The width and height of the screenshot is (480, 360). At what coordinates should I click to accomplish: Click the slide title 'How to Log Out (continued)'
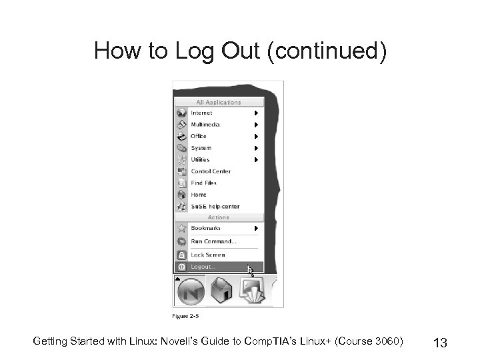coord(240,51)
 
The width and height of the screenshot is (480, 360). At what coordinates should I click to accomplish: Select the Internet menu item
coord(201,113)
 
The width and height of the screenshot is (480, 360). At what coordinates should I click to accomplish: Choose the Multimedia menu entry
coord(205,125)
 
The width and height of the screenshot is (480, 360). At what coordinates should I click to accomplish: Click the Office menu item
coord(199,136)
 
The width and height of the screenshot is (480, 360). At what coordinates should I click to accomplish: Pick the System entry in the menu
coord(201,148)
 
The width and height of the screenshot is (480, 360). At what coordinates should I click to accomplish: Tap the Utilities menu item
coord(200,159)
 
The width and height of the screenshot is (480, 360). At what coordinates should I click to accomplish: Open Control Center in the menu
coord(211,171)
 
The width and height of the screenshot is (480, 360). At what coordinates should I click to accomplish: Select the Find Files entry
coord(203,183)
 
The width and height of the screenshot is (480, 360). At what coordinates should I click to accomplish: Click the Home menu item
coord(199,195)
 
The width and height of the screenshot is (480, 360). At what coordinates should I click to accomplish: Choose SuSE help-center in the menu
coord(215,207)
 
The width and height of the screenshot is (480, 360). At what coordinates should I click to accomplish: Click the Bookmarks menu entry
coord(205,228)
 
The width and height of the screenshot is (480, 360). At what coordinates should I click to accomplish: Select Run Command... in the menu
coord(213,241)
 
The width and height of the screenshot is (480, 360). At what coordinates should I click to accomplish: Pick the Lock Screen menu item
coord(208,255)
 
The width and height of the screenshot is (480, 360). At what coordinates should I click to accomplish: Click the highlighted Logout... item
coord(203,267)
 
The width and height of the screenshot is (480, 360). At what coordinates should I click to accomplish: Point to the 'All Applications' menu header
coord(219,103)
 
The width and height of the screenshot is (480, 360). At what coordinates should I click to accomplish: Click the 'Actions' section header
coord(219,217)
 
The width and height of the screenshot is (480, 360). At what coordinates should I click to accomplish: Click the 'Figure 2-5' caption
coord(187,315)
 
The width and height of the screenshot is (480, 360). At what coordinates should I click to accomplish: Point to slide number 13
coord(440,343)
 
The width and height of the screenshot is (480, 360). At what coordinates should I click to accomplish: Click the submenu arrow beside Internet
coord(256,113)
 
